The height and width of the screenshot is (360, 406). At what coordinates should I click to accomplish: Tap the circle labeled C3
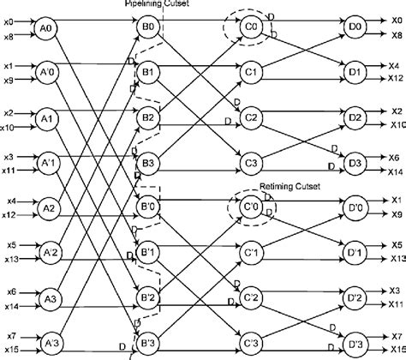pos(251,162)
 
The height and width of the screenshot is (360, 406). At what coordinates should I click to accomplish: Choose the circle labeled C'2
pos(251,297)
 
